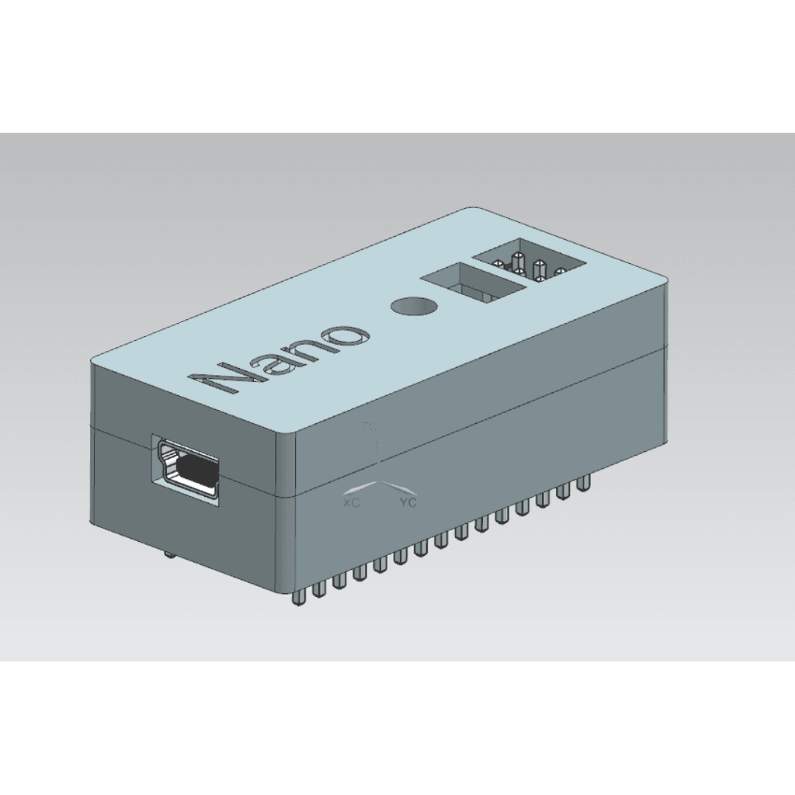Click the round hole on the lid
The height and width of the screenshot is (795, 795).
(x=414, y=306)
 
